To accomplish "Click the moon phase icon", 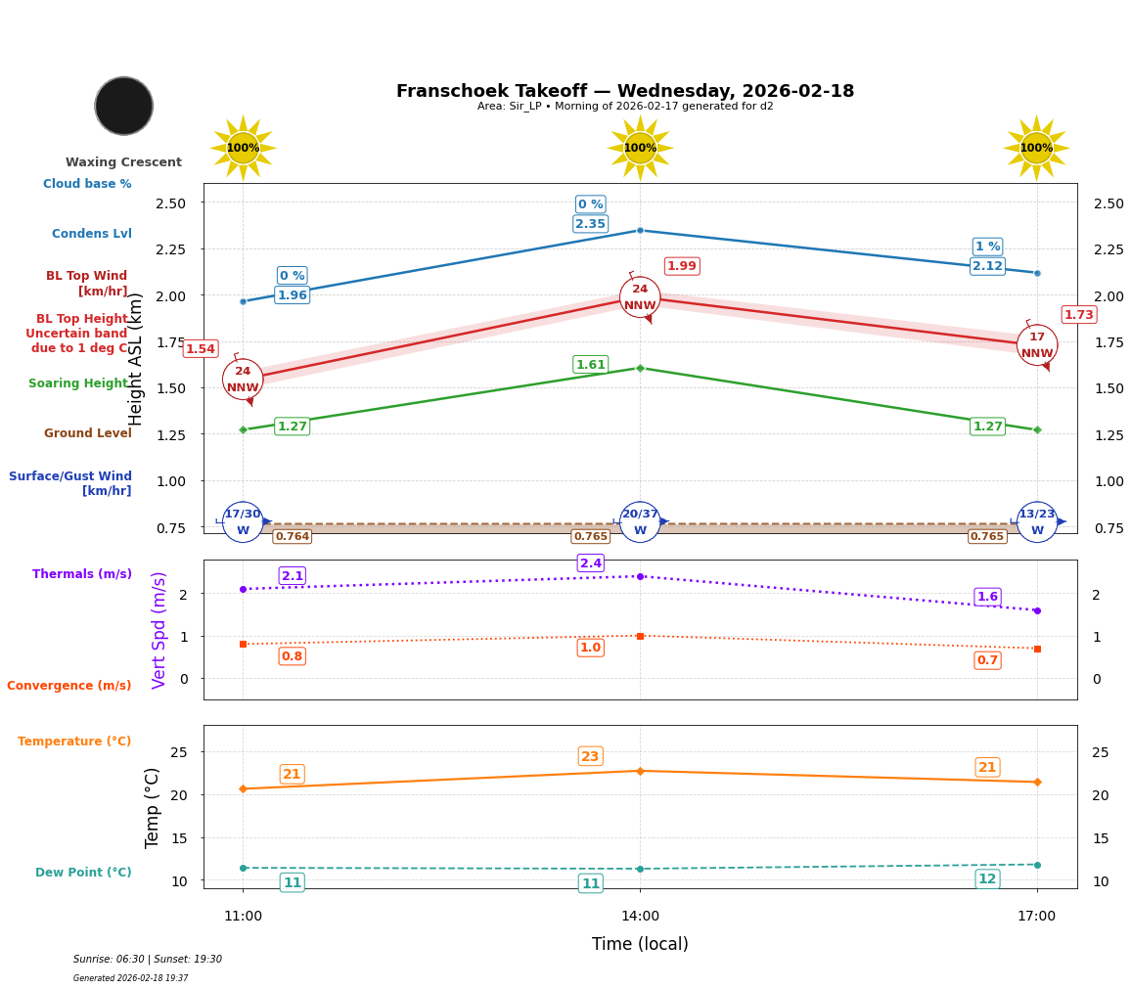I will coord(124,106).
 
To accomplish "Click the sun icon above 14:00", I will coord(640,148).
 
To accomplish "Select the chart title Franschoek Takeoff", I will coord(624,91).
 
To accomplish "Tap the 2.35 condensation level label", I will coord(590,224).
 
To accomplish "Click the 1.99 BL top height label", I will coord(682,266).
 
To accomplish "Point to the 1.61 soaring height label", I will coord(590,365).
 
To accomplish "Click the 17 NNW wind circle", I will coord(1037,345).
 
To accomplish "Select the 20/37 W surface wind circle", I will coord(640,522).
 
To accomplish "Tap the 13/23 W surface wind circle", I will coord(1037,522).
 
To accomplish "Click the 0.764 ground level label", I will coord(292,536).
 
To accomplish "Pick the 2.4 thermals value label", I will coord(591,563).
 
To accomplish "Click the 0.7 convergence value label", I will coord(987,660).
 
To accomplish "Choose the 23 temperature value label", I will coord(590,756).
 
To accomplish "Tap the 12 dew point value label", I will coord(987,878).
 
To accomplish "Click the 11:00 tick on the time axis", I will coord(243,916).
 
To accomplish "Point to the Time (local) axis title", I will coord(640,944).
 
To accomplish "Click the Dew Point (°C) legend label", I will coord(83,873).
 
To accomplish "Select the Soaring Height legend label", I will coord(78,383).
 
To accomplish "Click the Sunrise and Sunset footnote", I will coord(148,960).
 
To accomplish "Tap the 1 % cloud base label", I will coord(987,247).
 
